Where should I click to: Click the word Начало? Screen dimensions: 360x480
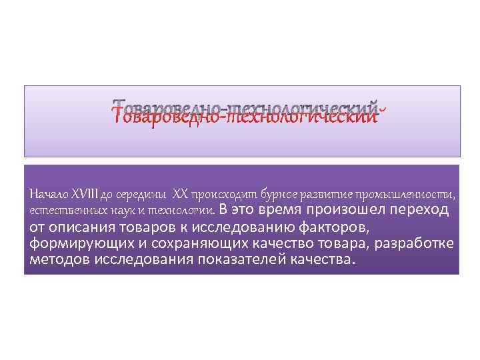click(x=45, y=195)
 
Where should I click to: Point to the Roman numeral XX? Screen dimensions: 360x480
click(x=180, y=195)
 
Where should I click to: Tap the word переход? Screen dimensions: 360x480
click(x=420, y=211)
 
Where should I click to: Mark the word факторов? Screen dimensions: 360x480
click(x=329, y=227)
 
